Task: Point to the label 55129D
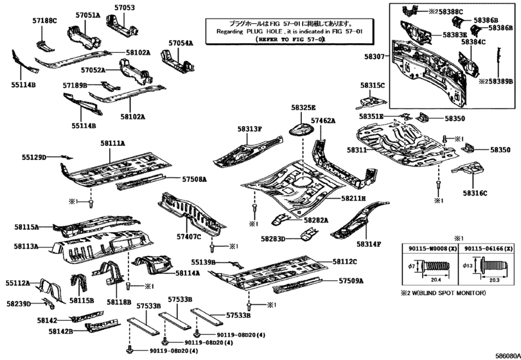34,156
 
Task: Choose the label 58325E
303,108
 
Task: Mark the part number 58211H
353,199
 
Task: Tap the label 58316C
475,193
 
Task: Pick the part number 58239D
19,303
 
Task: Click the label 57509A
351,281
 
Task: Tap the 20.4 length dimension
435,280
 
